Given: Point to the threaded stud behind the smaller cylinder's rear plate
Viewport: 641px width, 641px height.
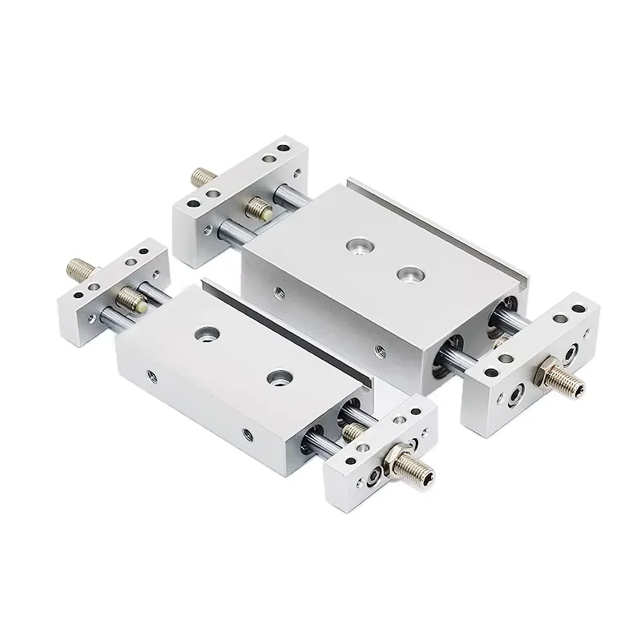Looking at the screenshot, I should [x=79, y=266].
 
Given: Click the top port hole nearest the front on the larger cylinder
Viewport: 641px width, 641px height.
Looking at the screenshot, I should [x=409, y=274].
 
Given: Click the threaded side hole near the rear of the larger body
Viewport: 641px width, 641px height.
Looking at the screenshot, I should [x=277, y=293].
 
